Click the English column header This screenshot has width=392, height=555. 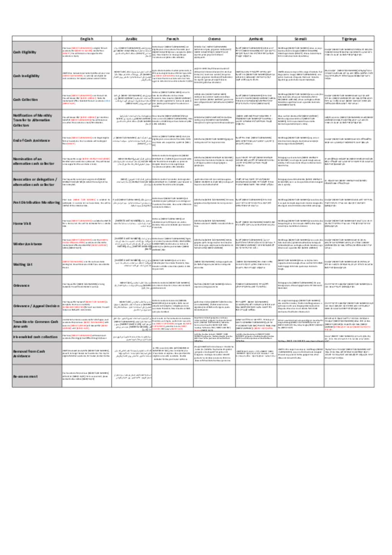pyautogui.click(x=87, y=39)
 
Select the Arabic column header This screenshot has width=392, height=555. pyautogui.click(x=131, y=39)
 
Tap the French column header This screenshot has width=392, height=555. pyautogui.click(x=172, y=39)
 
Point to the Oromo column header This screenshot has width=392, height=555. pyautogui.click(x=214, y=39)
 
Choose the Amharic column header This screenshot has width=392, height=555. pyautogui.click(x=256, y=39)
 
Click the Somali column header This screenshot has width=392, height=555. pyautogui.click(x=301, y=39)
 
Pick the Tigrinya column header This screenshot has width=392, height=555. pyautogui.click(x=349, y=39)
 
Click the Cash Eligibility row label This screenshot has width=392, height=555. pyautogui.click(x=25, y=52)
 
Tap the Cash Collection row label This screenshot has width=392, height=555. pyautogui.click(x=26, y=100)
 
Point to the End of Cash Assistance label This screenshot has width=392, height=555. pyautogui.click(x=31, y=141)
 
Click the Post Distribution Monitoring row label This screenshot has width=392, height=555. pyautogui.click(x=36, y=203)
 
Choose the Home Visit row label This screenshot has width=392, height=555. pyautogui.click(x=22, y=223)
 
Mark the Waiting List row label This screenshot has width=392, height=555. pyautogui.click(x=23, y=264)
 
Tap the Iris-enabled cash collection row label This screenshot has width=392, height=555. pyautogui.click(x=35, y=337)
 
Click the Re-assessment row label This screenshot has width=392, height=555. pyautogui.click(x=26, y=376)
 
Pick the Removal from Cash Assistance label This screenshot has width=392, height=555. pyautogui.click(x=29, y=354)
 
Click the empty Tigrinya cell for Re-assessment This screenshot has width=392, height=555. pyautogui.click(x=349, y=376)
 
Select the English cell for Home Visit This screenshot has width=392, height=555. pyautogui.click(x=87, y=223)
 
